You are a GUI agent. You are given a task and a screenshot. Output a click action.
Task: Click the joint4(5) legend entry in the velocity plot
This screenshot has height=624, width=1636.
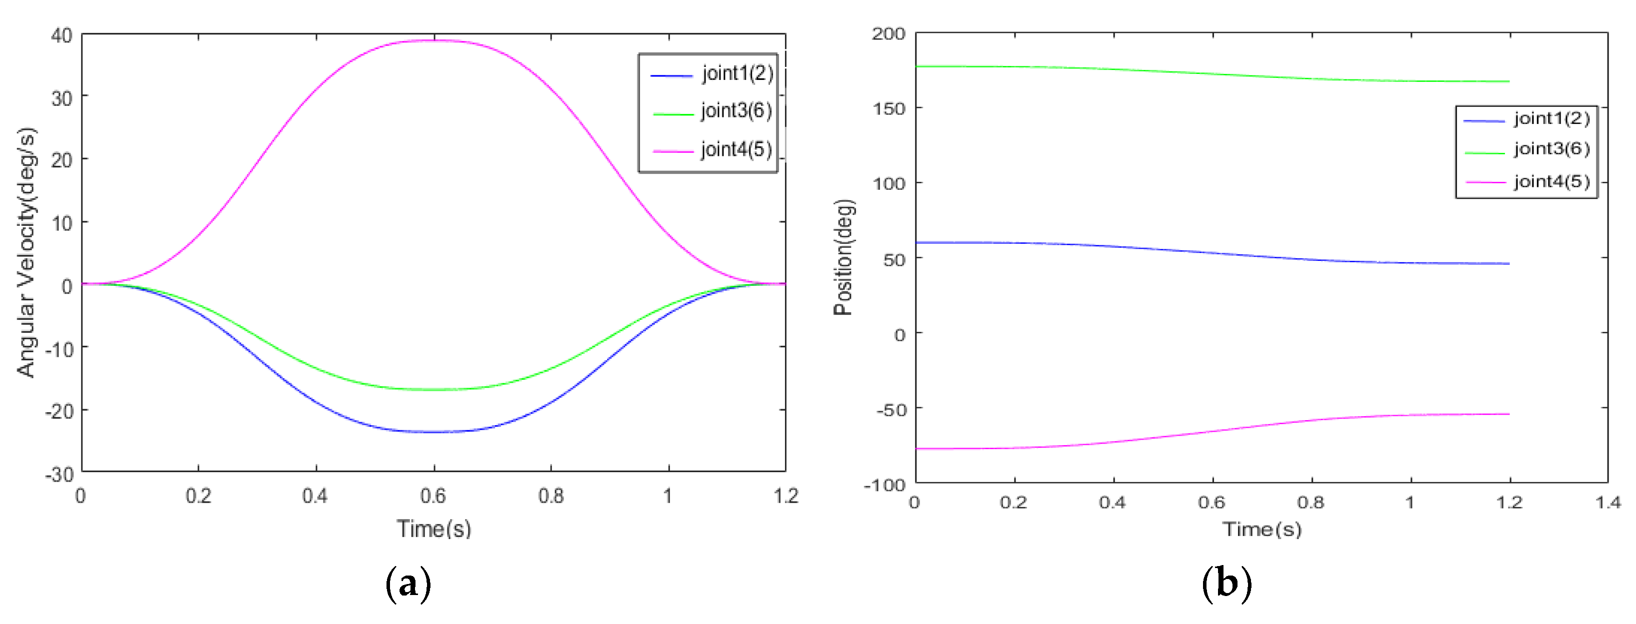pos(736,150)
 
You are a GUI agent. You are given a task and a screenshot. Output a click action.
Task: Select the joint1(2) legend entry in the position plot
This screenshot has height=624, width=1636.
pos(1551,119)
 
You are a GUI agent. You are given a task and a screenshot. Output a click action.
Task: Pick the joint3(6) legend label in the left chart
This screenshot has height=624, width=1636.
pos(736,111)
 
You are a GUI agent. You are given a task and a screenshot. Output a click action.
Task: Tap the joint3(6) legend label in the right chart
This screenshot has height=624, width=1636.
pos(1551,149)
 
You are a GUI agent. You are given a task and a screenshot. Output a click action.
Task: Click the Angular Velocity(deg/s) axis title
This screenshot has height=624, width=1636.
pos(26,253)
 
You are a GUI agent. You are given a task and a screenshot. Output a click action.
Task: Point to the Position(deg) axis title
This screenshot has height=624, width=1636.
pos(843,257)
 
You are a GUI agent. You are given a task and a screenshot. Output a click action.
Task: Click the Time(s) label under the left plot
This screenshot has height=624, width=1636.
pos(434,529)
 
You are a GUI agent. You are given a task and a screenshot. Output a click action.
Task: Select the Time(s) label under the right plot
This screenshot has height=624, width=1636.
pos(1262,530)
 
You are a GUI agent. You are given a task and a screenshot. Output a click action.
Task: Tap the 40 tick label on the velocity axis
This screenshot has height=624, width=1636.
pos(61,35)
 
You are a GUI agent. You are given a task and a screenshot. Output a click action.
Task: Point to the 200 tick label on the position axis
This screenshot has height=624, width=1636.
pos(888,34)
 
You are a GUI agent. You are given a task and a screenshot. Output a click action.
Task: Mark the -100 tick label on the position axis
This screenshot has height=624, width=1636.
pos(884,485)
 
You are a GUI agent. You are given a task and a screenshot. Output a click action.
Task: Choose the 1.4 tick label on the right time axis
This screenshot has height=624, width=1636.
pos(1608,503)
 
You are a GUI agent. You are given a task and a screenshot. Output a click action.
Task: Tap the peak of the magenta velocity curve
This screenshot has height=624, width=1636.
pos(434,40)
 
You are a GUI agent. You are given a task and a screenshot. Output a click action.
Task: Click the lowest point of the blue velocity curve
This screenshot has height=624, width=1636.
pos(434,432)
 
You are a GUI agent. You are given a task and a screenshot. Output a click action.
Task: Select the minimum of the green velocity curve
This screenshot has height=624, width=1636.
pos(434,389)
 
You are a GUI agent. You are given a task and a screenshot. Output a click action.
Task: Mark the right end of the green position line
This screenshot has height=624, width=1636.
pos(1509,81)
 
